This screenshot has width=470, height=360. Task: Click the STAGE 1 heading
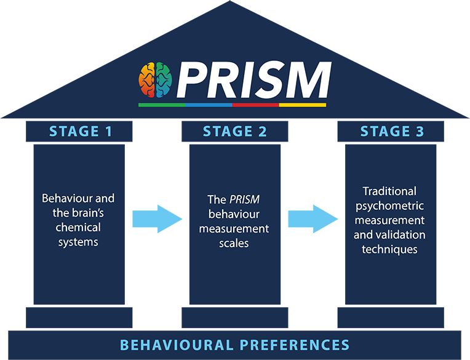click(81, 131)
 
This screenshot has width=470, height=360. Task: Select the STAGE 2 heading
click(235, 131)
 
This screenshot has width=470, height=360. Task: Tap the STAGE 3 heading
click(392, 131)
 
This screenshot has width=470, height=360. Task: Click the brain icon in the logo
click(155, 80)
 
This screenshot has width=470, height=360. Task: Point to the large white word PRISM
click(254, 80)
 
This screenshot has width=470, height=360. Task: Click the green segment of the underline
click(162, 105)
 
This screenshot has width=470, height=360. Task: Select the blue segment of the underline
click(209, 105)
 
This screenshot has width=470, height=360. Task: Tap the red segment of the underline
click(256, 105)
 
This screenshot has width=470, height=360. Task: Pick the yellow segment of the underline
click(303, 105)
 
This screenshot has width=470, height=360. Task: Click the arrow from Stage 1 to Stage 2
click(157, 219)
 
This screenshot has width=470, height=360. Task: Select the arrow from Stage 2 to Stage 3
click(313, 219)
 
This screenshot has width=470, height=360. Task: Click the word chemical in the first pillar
click(78, 227)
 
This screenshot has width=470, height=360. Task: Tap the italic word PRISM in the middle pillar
click(245, 199)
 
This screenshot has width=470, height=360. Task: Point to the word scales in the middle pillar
click(234, 244)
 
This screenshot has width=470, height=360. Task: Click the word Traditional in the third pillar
click(389, 191)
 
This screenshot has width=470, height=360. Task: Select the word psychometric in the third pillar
click(389, 206)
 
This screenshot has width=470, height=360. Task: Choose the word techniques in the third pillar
click(389, 250)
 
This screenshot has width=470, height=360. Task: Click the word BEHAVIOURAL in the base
click(177, 345)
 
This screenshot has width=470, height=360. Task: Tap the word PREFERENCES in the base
click(295, 345)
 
